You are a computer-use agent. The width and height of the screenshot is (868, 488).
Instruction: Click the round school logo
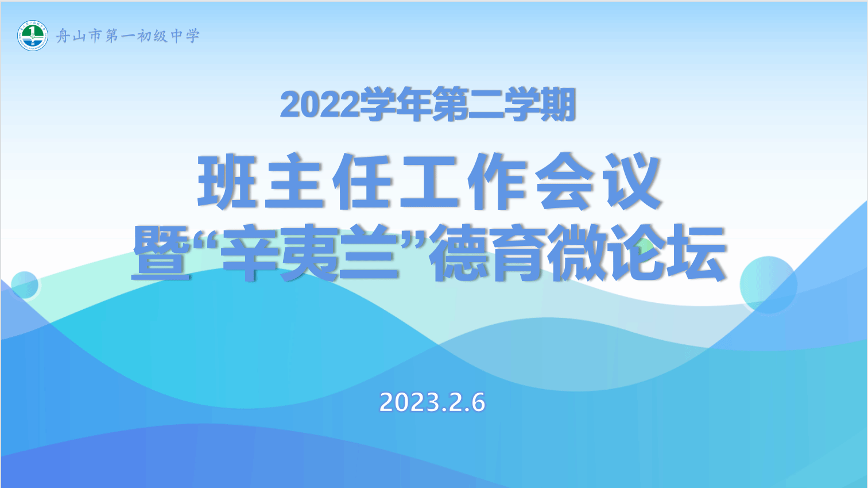pos(33,36)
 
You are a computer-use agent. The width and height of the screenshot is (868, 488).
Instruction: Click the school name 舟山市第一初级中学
pos(128,36)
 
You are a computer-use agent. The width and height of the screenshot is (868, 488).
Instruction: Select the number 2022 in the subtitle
pos(319,105)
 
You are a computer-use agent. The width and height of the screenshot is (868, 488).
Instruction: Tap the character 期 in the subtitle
pos(557,104)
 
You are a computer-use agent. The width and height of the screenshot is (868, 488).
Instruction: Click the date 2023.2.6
pos(432,402)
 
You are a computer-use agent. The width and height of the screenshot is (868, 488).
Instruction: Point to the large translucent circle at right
pos(769,285)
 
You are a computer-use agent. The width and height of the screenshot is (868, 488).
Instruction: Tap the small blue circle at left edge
pos(25,285)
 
